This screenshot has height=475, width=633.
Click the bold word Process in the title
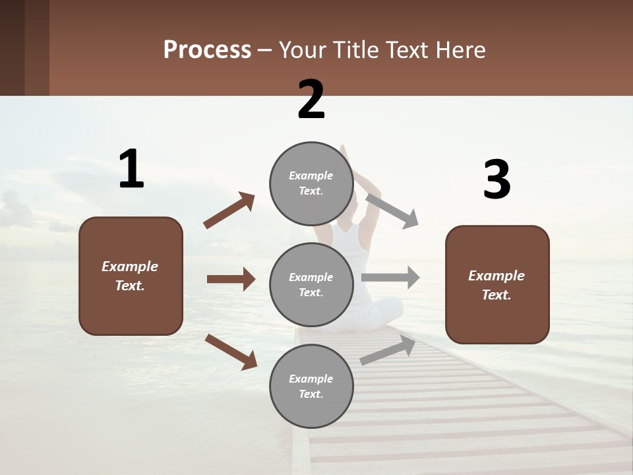(x=207, y=49)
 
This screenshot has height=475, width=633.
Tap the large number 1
(x=131, y=169)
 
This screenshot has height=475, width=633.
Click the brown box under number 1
(x=131, y=276)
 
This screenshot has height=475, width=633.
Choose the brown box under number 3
(x=497, y=284)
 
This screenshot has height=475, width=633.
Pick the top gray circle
(x=311, y=183)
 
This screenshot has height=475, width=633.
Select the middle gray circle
(x=311, y=284)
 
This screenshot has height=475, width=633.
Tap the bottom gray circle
(x=311, y=386)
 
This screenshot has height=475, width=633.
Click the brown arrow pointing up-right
(x=229, y=210)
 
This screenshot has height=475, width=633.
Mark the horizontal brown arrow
(x=231, y=279)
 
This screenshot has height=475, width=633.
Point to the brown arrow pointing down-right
(x=231, y=352)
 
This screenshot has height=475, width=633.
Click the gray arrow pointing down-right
(x=392, y=210)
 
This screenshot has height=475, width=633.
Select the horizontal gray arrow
(x=390, y=278)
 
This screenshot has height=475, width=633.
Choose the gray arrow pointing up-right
(x=388, y=350)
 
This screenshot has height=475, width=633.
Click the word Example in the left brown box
(x=130, y=266)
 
